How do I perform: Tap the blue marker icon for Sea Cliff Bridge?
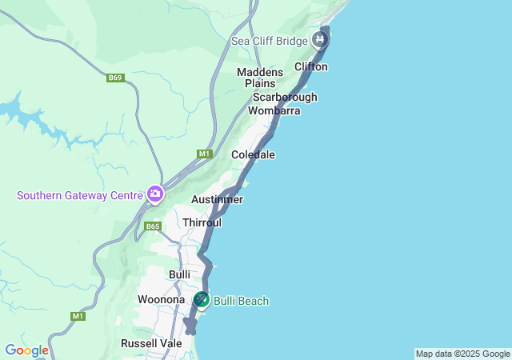point(321,38)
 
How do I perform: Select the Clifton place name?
point(311,66)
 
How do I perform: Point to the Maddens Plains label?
point(256,78)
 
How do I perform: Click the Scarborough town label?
point(285,97)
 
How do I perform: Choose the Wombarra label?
point(274,110)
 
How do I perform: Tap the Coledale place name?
point(253,154)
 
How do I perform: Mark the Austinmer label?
point(217,199)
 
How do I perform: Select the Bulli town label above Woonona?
point(179,274)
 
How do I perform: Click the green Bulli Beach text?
point(242,301)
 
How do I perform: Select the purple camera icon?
point(154,194)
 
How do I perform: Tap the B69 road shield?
point(116,78)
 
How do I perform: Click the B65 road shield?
point(153,226)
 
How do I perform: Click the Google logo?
point(26,350)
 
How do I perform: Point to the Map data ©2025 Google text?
point(462,354)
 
